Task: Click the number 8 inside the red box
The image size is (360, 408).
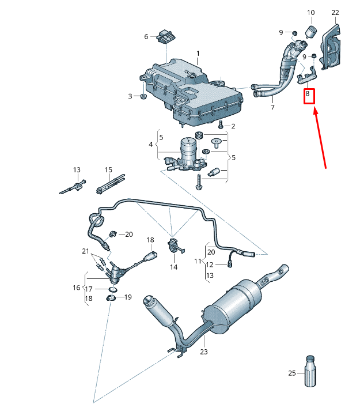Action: click(308, 93)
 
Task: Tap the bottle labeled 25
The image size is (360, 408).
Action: click(310, 372)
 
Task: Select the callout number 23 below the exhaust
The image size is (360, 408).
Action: click(203, 352)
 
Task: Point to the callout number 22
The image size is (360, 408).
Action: click(335, 13)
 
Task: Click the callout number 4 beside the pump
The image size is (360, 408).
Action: click(150, 144)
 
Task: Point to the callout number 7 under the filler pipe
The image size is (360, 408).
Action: click(272, 107)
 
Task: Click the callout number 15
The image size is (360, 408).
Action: click(108, 170)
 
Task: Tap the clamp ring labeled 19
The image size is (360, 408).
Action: click(111, 298)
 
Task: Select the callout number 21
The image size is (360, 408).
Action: click(85, 251)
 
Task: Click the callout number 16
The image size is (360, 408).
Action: click(76, 288)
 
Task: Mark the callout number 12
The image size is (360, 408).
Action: click(210, 265)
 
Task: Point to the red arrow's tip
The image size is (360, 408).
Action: click(315, 109)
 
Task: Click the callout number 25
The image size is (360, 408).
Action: click(292, 373)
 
